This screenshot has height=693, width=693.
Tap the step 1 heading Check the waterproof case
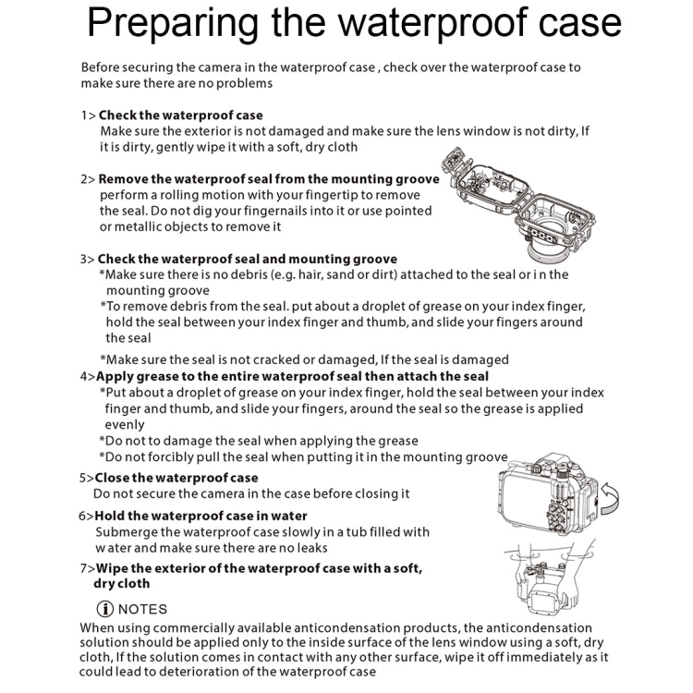pos(180,115)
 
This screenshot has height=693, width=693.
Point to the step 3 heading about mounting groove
pos(247,259)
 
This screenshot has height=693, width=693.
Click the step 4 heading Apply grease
pos(292,376)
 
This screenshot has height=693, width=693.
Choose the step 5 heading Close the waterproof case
pos(176,478)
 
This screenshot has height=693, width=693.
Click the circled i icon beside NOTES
pos(105,609)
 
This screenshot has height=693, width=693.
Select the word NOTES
pos(143,609)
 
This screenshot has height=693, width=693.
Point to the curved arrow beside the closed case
pos(610,499)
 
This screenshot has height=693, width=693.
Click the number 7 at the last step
pos(83,567)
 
